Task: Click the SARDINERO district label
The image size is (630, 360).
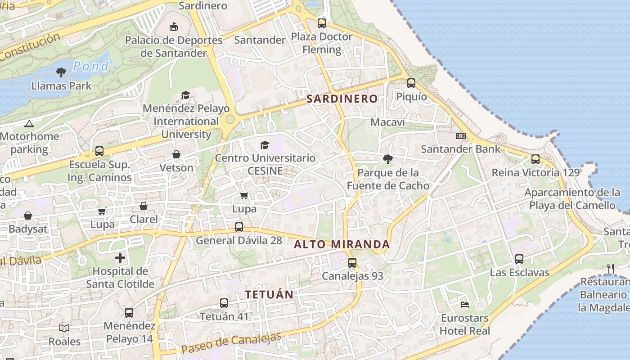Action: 342,99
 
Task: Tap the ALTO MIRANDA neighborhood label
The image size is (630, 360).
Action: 342,244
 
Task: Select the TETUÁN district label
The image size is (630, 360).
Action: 269,295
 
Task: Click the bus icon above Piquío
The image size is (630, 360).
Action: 411,83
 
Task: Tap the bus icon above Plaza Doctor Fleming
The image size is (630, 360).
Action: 321,23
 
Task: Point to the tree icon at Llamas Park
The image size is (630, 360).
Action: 61,72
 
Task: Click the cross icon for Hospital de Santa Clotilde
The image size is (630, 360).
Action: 120,258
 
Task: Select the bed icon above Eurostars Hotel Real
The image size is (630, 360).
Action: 465,305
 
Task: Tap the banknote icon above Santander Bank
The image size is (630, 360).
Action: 460,136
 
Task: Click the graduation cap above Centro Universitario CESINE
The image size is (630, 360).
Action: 265,145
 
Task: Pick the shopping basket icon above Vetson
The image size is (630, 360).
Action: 176,154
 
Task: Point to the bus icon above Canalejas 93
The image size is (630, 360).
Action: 352,262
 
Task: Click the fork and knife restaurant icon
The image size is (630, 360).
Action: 611,269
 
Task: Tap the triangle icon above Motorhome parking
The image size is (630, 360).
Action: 29,124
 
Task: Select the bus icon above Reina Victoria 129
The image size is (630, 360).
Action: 535,159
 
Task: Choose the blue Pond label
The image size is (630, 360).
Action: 91,67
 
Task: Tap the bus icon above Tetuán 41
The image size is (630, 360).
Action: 224,303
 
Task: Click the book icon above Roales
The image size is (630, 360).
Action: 64,328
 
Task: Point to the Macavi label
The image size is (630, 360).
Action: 387,122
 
